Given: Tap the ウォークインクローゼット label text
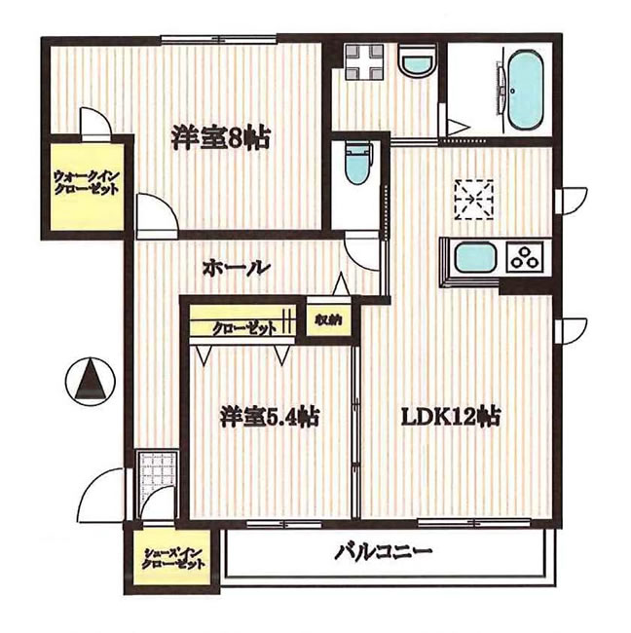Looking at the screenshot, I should (x=86, y=183).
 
